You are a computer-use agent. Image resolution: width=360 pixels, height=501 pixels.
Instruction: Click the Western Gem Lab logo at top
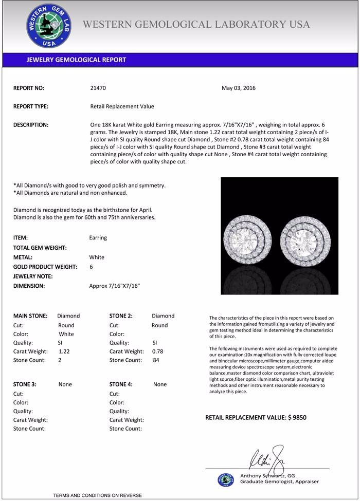49,26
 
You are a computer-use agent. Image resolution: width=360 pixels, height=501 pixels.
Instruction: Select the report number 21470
98,88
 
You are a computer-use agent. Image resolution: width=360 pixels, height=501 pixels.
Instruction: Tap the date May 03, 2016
239,88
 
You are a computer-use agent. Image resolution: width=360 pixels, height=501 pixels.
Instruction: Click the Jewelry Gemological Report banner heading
76,60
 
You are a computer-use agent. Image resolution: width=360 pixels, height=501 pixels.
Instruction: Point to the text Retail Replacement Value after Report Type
122,106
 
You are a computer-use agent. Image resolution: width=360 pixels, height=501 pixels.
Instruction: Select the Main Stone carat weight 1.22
64,351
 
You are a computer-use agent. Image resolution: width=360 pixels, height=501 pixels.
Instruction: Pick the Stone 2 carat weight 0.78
158,351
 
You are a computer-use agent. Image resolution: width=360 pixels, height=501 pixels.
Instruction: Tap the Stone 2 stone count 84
156,360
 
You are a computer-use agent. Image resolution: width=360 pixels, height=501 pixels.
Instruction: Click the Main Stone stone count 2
60,360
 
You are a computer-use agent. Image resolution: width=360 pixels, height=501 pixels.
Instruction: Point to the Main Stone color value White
67,334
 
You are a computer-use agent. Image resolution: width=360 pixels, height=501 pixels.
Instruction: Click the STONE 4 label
121,384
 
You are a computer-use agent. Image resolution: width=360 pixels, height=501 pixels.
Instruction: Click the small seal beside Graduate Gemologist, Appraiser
225,479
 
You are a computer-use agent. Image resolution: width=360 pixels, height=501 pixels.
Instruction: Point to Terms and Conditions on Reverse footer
97,495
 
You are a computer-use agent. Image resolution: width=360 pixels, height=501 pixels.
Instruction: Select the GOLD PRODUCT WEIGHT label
45,267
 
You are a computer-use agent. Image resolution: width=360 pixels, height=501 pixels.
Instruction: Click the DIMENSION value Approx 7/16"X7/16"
115,286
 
